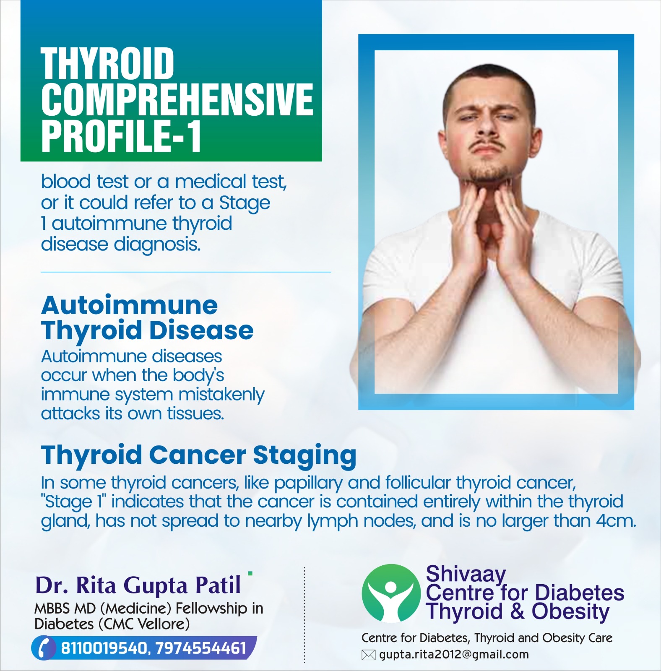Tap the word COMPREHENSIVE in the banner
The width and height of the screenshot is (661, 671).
point(177,99)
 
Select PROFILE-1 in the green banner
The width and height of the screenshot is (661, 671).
point(121,135)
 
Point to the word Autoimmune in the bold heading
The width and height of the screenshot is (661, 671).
point(130,305)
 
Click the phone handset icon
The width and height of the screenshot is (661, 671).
point(44,648)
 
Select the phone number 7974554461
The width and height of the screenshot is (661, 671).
point(200,648)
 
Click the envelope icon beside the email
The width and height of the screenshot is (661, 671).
point(368,655)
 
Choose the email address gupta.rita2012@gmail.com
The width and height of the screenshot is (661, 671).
point(454,655)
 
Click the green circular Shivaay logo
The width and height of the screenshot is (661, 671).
point(391,593)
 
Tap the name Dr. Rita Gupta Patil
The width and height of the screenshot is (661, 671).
point(138,585)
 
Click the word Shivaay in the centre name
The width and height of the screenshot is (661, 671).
point(466,574)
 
